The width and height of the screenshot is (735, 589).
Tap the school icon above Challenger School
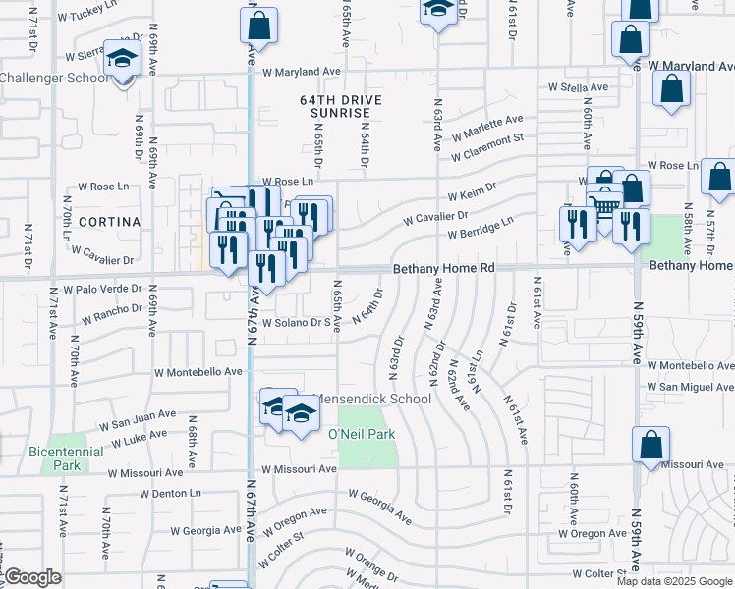[123, 61]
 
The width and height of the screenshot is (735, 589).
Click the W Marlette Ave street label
[486, 128]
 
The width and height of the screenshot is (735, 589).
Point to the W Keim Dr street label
[473, 190]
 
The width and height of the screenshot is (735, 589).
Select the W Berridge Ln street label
[481, 230]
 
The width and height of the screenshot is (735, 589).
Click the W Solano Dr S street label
[292, 322]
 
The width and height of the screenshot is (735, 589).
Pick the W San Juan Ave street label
[137, 423]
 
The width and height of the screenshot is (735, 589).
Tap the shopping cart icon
[606, 205]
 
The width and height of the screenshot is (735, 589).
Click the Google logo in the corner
[31, 578]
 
